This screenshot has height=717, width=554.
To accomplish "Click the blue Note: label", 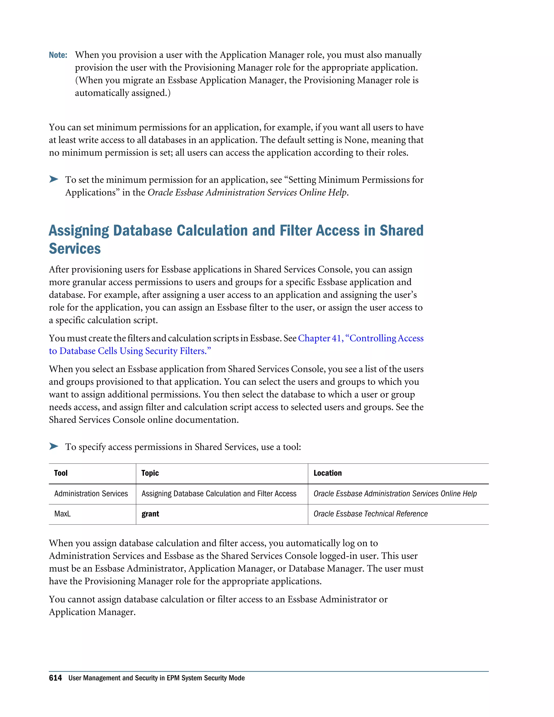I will point(58,55).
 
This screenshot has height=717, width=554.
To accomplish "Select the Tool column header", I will point(61,473).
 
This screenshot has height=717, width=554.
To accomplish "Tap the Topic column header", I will point(150,473).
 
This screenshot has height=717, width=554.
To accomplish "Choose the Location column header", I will point(327,473).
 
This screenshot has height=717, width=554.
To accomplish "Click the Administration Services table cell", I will point(91,494).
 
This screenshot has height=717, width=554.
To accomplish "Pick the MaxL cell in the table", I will point(62,514).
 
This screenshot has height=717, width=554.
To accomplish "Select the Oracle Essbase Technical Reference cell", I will point(370,514).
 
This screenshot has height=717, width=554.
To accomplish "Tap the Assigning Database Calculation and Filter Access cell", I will point(219,494).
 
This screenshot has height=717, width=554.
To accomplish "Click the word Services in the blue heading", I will point(75,249).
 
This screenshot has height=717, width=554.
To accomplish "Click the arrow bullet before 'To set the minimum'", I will point(54,179).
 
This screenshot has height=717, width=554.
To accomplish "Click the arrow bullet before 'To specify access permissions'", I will point(54,446).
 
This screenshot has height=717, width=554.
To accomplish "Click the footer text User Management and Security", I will point(156,678).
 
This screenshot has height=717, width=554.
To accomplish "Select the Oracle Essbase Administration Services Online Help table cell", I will point(395,494).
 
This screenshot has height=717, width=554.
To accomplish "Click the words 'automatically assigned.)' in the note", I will point(123,93).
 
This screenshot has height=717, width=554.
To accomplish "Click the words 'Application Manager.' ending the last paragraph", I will point(92,612).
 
